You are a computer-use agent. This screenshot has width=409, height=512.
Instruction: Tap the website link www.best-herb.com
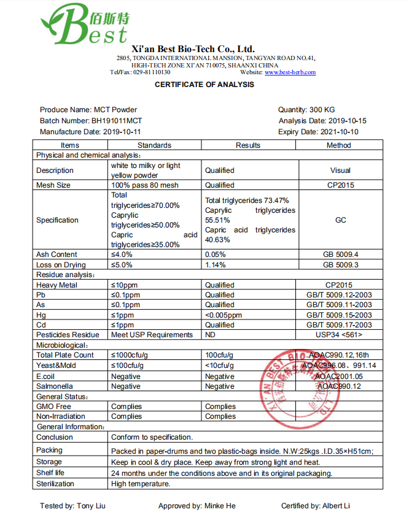[290, 72]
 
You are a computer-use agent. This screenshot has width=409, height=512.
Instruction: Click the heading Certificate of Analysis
[204, 85]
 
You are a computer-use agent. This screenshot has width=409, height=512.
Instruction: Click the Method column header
[339, 145]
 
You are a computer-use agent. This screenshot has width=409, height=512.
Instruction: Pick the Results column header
[248, 145]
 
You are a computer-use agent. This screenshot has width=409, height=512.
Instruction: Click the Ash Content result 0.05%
[215, 254]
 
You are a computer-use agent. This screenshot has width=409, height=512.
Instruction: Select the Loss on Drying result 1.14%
[215, 265]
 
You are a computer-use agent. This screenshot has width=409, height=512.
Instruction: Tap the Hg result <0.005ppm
[224, 315]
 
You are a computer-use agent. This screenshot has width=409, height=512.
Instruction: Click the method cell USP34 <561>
[340, 335]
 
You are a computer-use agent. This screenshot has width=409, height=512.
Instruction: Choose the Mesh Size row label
[53, 185]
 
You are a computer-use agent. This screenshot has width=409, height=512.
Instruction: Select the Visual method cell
[340, 170]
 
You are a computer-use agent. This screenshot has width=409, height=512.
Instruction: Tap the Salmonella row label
[55, 386]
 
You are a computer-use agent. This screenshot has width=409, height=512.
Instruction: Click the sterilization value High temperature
[141, 484]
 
